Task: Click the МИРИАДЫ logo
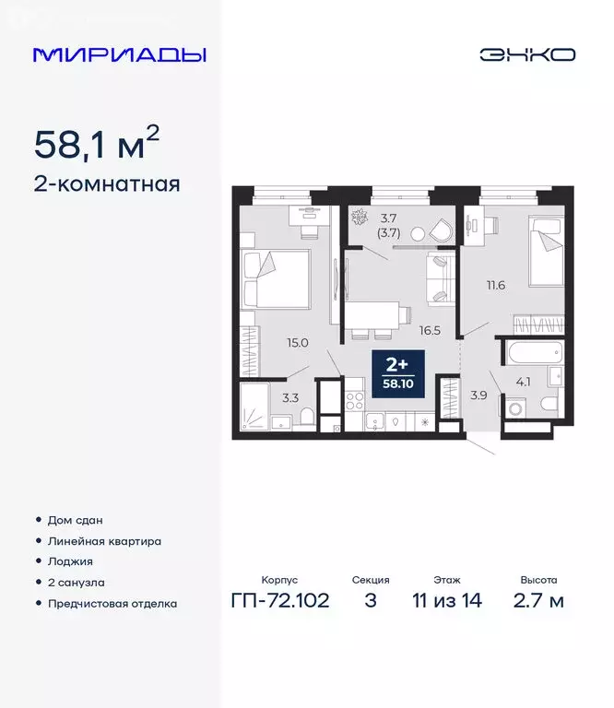coord(119,54)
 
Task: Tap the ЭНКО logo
coord(527,54)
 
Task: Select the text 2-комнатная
coord(106,183)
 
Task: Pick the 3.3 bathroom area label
coord(289,398)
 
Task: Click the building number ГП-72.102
coord(278,602)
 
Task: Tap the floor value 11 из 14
coord(447,602)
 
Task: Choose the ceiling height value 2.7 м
coord(538,602)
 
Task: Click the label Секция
coord(371,581)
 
